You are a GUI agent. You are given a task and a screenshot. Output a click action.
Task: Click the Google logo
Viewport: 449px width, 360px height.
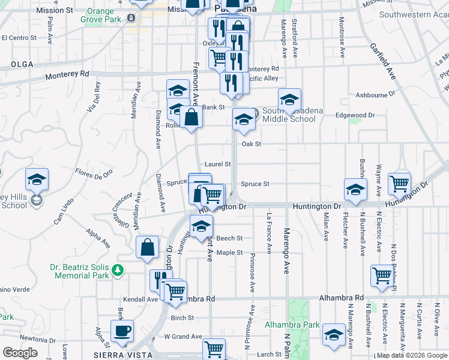click(x=20, y=353)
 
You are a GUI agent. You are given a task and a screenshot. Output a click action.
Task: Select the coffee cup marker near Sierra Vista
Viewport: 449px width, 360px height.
click(x=122, y=332)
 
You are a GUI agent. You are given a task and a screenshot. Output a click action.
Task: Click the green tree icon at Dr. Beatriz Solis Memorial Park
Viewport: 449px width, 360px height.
click(x=119, y=271)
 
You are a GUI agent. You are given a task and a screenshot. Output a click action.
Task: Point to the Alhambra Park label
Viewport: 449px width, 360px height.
click(x=292, y=325)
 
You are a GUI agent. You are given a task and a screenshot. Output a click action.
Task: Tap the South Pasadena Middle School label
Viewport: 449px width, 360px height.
click(x=289, y=115)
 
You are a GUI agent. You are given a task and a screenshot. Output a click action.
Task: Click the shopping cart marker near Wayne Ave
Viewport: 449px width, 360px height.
click(x=399, y=184)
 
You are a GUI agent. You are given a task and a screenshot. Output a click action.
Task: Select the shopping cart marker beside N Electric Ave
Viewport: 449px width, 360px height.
click(x=382, y=277)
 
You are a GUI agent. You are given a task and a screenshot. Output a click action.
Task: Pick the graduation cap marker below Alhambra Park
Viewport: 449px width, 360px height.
click(x=334, y=335)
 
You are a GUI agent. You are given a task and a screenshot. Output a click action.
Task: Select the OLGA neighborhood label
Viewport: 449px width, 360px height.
click(x=21, y=64)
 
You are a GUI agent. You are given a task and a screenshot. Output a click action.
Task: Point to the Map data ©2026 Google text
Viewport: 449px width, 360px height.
click(x=412, y=356)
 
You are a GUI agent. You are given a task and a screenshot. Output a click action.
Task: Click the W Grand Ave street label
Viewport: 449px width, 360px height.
click(x=180, y=336)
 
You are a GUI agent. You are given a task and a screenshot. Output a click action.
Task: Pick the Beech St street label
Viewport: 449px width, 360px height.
click(x=229, y=238)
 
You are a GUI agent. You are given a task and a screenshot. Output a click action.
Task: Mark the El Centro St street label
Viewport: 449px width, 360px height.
click(x=19, y=37)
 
